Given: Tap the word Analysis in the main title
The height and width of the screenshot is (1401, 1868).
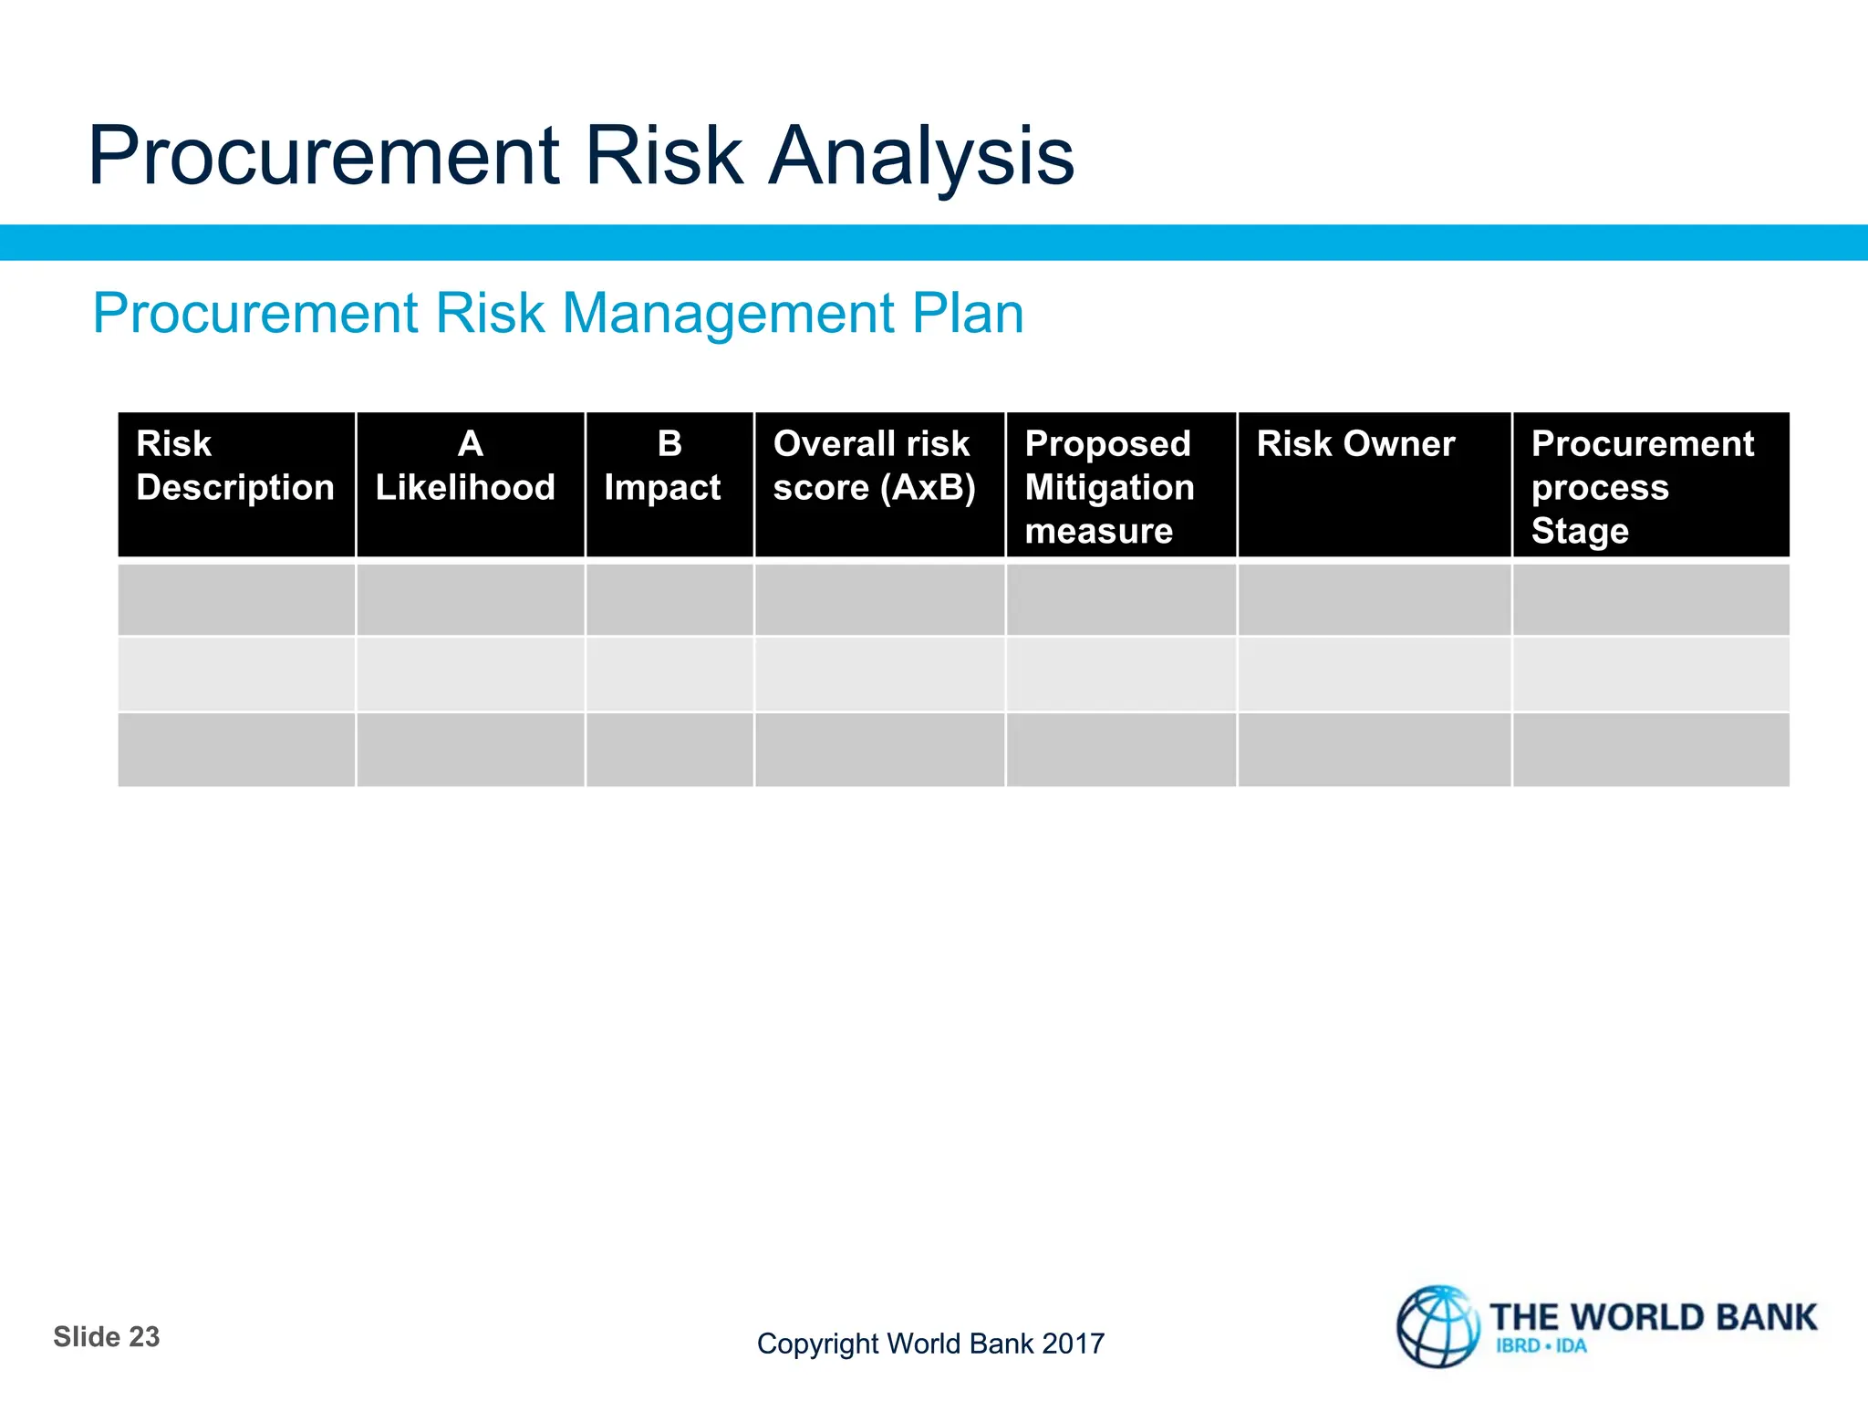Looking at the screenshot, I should pos(921,157).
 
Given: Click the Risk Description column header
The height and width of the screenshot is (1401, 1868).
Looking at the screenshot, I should pos(235,466).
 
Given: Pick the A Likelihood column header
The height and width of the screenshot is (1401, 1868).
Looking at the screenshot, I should pos(469,466).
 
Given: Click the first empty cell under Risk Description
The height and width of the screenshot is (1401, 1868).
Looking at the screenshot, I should pos(236,599).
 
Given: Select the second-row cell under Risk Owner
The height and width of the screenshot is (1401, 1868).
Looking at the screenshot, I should pos(1374,674).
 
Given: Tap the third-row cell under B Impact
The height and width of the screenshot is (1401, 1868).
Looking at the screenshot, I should pos(669,749).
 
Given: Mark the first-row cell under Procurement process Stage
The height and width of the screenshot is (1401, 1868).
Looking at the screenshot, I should pos(1650,599).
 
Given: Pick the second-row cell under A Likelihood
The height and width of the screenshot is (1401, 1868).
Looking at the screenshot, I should pos(470,674).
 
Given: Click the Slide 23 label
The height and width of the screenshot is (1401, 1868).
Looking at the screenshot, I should pos(107,1336).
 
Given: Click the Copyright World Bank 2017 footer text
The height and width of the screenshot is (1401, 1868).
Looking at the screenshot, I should pos(930,1344).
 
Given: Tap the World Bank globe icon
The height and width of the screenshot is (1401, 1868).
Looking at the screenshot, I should pos(1437,1326).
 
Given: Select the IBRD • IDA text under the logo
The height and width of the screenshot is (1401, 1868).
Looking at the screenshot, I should pos(1541,1346).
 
